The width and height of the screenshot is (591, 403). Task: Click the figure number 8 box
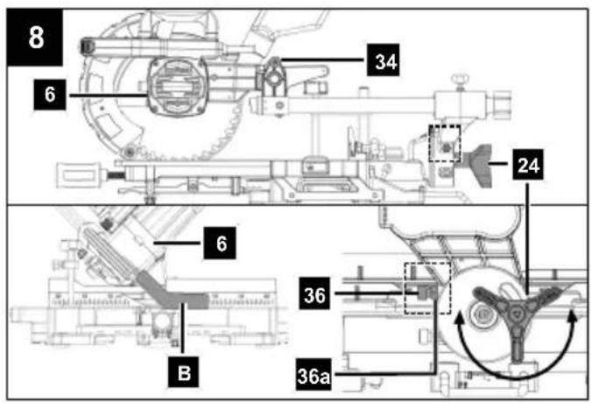click(35, 38)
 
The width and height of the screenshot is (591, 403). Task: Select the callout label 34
click(383, 60)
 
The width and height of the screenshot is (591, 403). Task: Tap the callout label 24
click(528, 165)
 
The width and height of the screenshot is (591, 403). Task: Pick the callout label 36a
click(313, 374)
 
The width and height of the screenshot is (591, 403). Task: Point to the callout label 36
click(314, 293)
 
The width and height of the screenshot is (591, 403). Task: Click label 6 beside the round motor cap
click(50, 95)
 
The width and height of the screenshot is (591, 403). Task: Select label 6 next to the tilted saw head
click(220, 244)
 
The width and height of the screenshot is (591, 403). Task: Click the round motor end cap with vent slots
click(177, 87)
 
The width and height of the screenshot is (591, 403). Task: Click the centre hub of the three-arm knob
click(515, 312)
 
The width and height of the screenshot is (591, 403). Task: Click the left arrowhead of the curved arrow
click(459, 320)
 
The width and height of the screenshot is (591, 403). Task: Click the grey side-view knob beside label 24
click(479, 165)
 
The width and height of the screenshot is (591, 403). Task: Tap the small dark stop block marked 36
click(426, 292)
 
